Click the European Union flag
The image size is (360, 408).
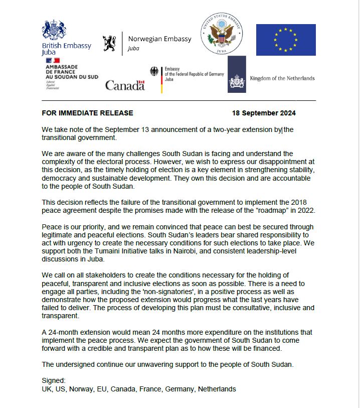tap(286, 40)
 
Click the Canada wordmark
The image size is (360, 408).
tap(125, 85)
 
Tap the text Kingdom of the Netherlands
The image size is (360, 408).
tap(282, 78)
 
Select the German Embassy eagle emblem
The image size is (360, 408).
tap(154, 71)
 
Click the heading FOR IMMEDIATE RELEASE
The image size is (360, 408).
tap(87, 113)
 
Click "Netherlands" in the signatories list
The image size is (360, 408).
tap(216, 389)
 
